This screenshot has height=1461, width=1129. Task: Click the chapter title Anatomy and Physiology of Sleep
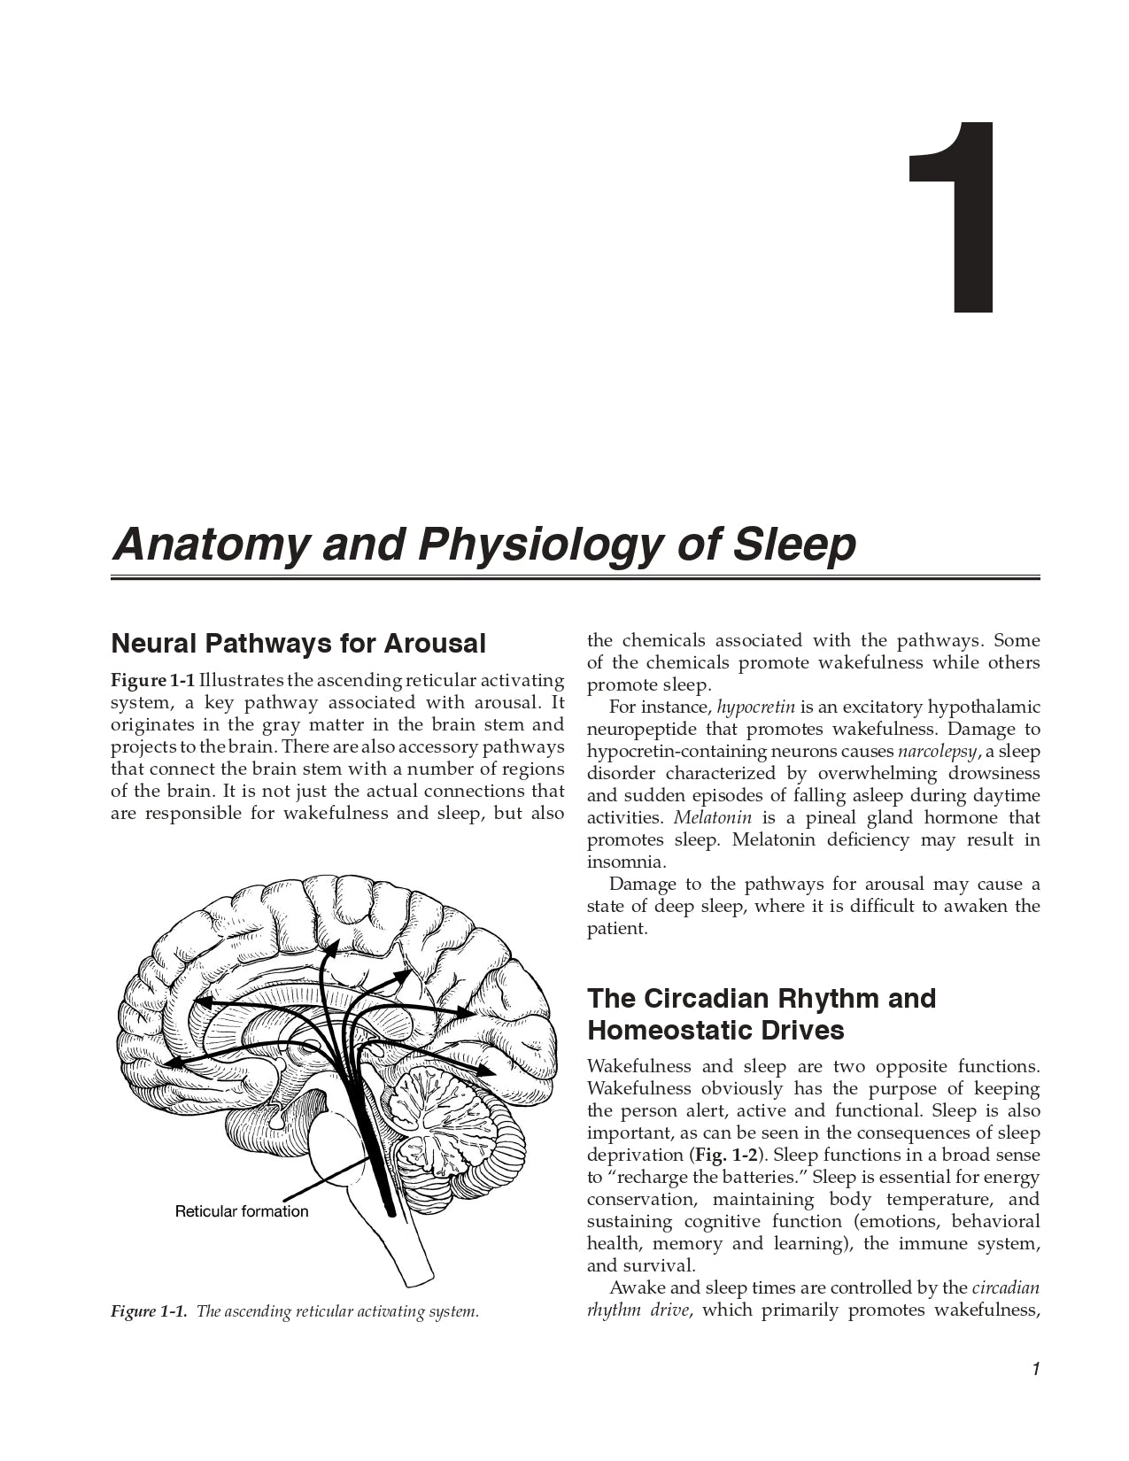coord(483,544)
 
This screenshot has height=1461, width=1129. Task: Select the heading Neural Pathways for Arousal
coord(298,643)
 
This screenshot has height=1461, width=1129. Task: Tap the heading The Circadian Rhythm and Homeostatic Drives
coord(761,1014)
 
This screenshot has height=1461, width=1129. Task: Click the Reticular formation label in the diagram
coord(242,1211)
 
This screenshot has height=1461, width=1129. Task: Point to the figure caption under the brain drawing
coord(294,1311)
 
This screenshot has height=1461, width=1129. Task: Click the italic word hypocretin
coord(755,707)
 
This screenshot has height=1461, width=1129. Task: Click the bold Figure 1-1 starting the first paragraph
coord(152,681)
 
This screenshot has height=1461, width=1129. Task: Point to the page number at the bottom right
coord(1035,1370)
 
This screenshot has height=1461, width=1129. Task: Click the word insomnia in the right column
coord(626,862)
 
